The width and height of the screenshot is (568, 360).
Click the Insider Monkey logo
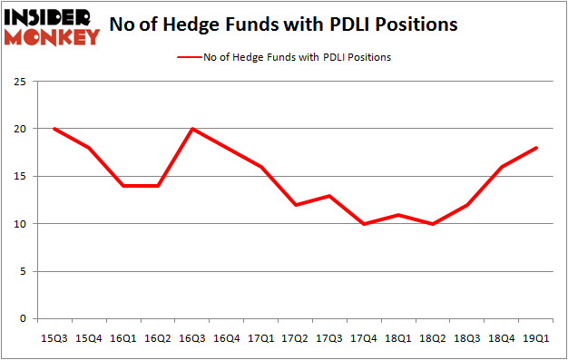(x=52, y=26)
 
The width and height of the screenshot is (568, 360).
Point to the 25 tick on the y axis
(x=24, y=82)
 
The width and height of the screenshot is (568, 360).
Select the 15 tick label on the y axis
(x=24, y=177)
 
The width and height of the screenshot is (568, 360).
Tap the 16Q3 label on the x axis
(x=191, y=338)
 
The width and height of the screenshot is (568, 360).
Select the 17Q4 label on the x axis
(x=364, y=338)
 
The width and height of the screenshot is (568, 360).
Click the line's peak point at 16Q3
(x=191, y=129)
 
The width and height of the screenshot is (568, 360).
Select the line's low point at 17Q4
(x=364, y=224)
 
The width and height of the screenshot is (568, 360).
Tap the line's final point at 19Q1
(x=536, y=148)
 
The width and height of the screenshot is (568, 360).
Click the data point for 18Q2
(x=433, y=224)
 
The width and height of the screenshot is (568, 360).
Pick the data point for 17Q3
(x=329, y=196)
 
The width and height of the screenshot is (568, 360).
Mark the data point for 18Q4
(x=502, y=167)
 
